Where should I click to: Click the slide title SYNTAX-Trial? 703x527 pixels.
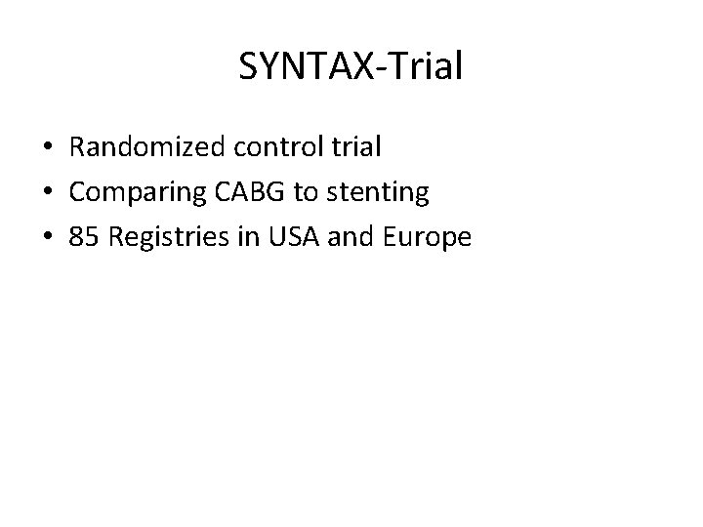351,67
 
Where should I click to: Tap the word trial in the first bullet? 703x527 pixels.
354,148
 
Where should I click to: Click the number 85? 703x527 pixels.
84,237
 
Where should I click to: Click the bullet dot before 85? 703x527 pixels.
48,238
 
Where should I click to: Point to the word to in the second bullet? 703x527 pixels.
307,193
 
